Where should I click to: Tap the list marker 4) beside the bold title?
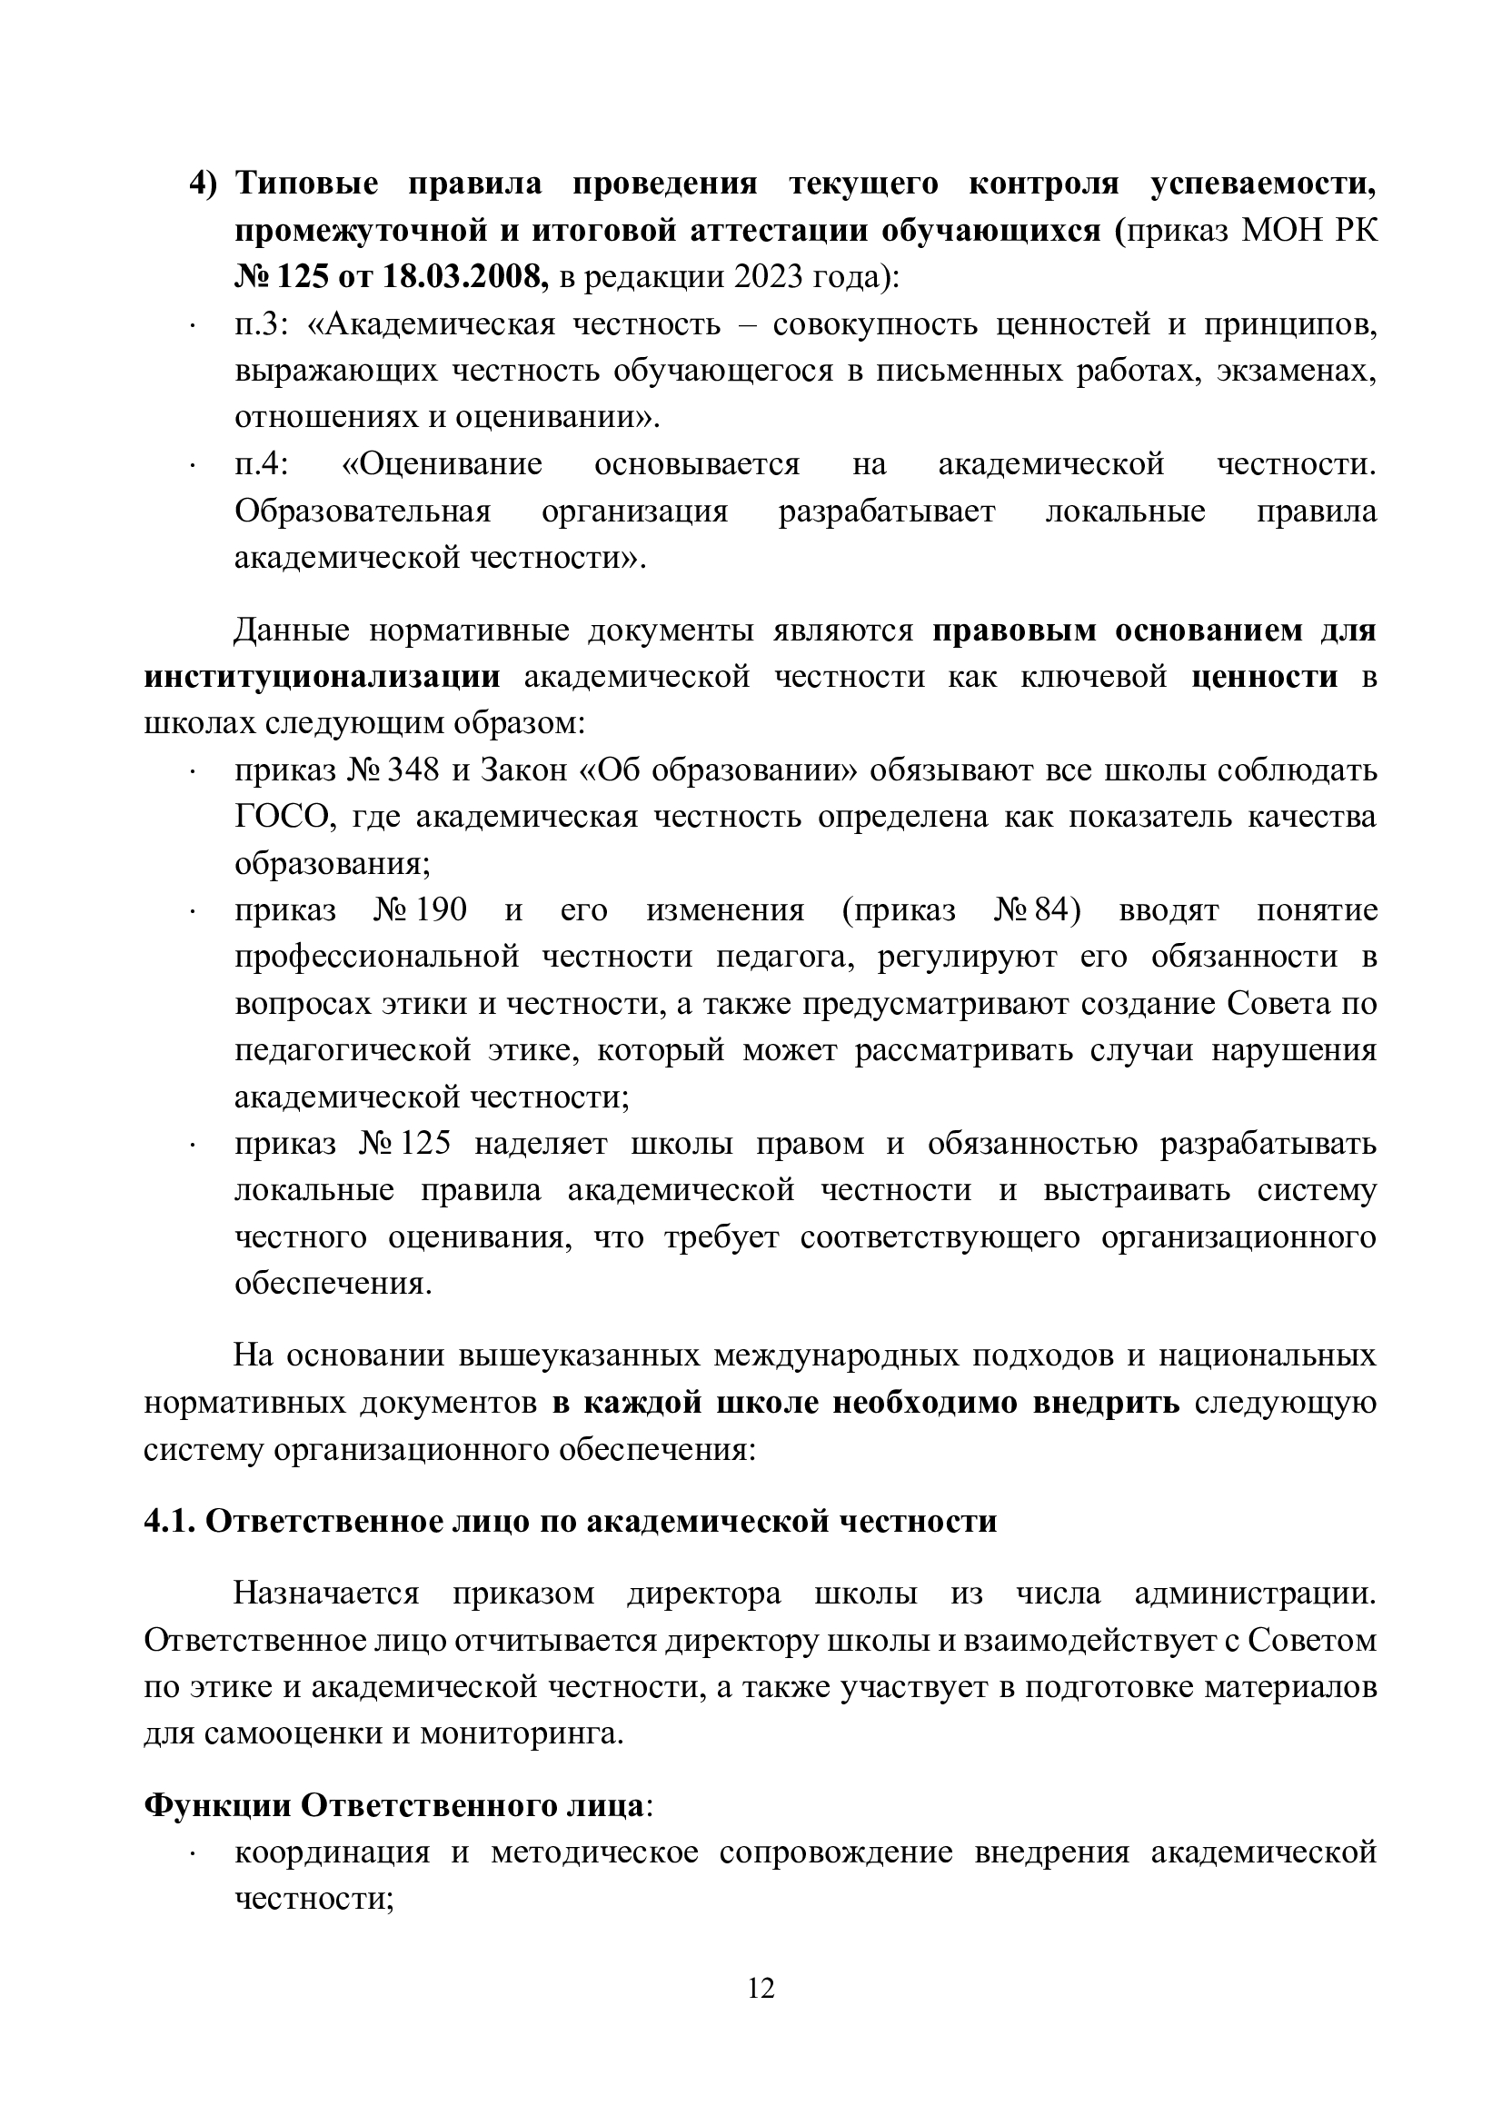click(203, 184)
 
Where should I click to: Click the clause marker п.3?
click(263, 324)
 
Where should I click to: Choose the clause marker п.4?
click(263, 463)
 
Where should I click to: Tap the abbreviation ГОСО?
click(283, 818)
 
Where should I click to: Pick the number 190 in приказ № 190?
click(441, 910)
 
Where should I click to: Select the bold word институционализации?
click(322, 677)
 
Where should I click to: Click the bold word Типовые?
click(306, 184)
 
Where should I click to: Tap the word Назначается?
click(326, 1594)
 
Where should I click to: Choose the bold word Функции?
click(217, 1806)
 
